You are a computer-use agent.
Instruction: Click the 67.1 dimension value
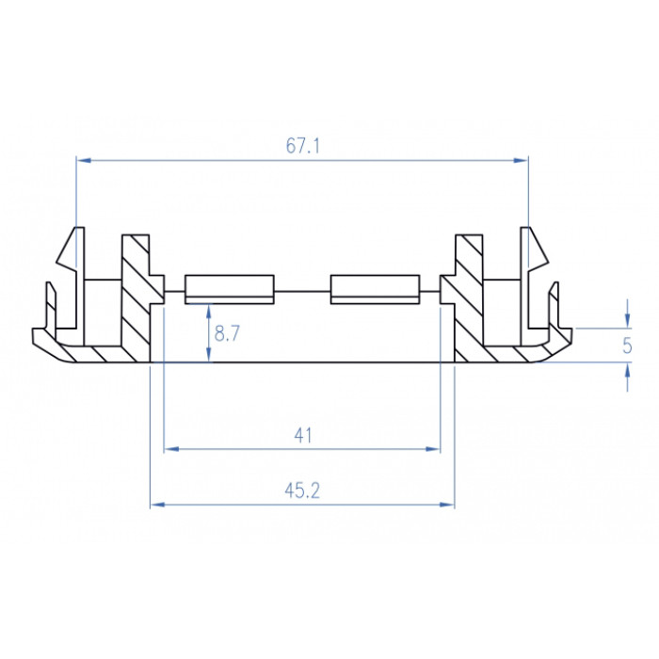pyautogui.click(x=302, y=146)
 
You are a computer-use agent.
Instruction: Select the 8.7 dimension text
pyautogui.click(x=227, y=333)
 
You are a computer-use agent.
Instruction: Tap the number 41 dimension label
pyautogui.click(x=302, y=435)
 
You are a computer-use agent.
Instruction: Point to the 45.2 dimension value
pyautogui.click(x=302, y=490)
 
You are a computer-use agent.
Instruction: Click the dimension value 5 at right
pyautogui.click(x=627, y=346)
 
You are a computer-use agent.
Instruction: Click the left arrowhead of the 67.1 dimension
pyautogui.click(x=84, y=160)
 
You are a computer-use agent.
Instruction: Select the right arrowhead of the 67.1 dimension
pyautogui.click(x=521, y=160)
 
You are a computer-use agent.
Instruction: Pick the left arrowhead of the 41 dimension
pyautogui.click(x=171, y=449)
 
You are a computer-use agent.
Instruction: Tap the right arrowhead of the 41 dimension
pyautogui.click(x=432, y=449)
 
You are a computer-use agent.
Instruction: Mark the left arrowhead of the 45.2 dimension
pyautogui.click(x=158, y=504)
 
